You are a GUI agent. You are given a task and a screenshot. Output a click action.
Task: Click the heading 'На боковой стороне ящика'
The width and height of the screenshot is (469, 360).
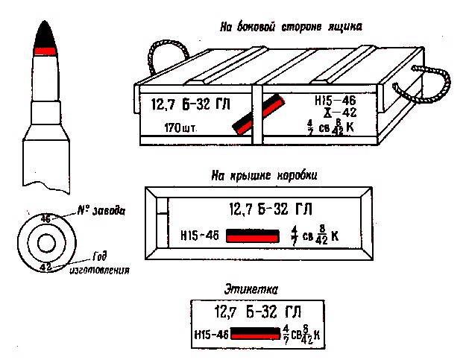[290, 27]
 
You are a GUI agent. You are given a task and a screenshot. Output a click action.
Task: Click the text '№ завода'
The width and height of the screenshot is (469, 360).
[101, 211]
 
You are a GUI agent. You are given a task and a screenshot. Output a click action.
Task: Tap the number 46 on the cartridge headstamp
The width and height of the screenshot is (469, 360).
[45, 219]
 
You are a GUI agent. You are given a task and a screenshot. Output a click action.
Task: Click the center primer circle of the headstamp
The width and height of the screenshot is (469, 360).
[46, 244]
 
